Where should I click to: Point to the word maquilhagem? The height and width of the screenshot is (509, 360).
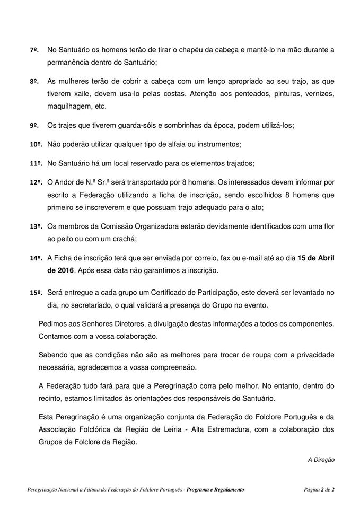[69, 106]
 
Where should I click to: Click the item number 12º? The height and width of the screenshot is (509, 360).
[35, 182]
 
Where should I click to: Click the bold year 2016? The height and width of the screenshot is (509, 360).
[63, 271]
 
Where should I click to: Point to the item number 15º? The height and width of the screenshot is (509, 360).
[35, 292]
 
